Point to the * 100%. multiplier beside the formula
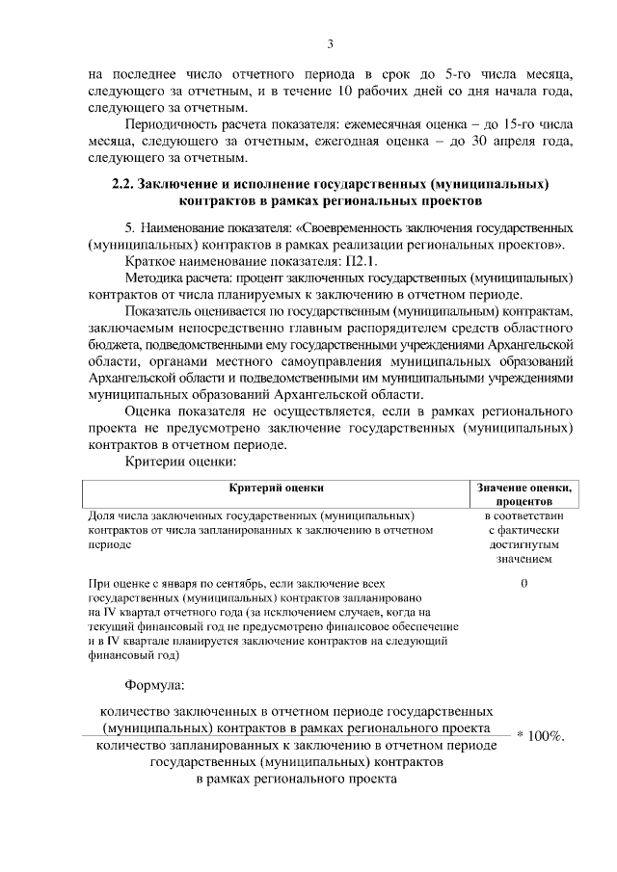[540, 736]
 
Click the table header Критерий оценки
[276, 489]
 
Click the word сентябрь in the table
[241, 584]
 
